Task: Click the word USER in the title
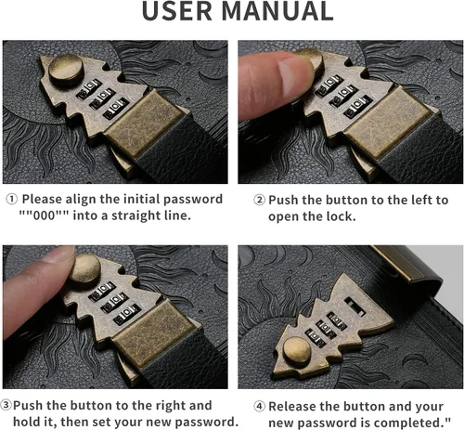pyautogui.click(x=177, y=11)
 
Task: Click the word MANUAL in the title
pyautogui.click(x=277, y=11)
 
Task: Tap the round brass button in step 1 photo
pyautogui.click(x=66, y=70)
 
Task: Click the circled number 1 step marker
pyautogui.click(x=12, y=199)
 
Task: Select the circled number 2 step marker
pyautogui.click(x=260, y=200)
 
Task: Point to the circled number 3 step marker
pyautogui.click(x=6, y=405)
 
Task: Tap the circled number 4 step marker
pyautogui.click(x=260, y=406)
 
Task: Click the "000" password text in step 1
pyautogui.click(x=44, y=215)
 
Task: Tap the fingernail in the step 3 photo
pyautogui.click(x=59, y=254)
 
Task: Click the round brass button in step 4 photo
pyautogui.click(x=297, y=352)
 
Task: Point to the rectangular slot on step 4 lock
pyautogui.click(x=354, y=306)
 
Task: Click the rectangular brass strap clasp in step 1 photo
pyautogui.click(x=143, y=124)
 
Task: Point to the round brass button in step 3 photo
pyautogui.click(x=84, y=268)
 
